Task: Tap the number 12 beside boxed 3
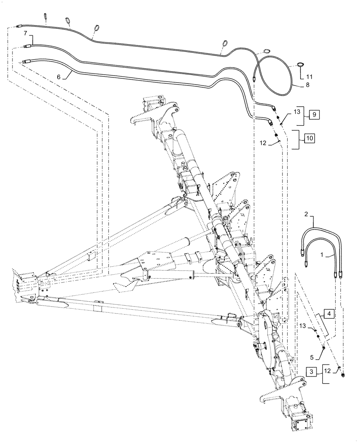(x=327, y=369)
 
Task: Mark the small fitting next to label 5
(x=324, y=347)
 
